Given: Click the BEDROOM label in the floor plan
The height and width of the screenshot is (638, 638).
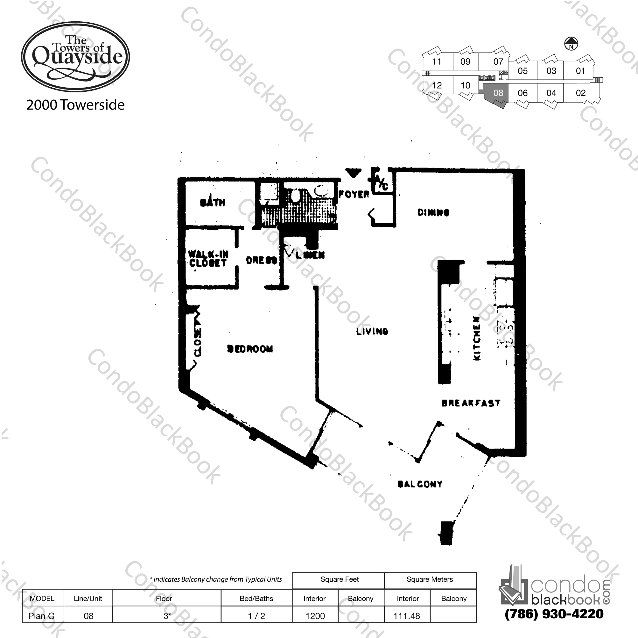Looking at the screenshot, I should (x=250, y=349).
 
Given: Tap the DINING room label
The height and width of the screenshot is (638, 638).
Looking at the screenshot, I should (x=433, y=212).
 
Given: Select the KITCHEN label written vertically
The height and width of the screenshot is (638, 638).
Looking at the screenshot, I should (x=477, y=338).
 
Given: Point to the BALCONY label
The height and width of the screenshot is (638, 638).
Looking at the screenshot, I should (x=420, y=484).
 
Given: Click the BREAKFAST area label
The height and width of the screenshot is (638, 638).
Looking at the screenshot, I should (x=471, y=403).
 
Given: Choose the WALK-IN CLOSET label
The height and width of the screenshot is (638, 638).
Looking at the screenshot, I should (x=208, y=259).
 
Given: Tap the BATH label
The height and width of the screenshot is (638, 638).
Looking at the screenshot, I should (x=212, y=202).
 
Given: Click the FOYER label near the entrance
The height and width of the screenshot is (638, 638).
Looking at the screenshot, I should (x=354, y=194).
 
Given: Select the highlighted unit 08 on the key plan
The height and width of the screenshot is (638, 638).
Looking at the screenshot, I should (x=498, y=93).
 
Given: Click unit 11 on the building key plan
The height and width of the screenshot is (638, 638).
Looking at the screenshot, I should (x=437, y=62).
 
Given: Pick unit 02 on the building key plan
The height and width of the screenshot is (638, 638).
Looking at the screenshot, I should (x=580, y=93).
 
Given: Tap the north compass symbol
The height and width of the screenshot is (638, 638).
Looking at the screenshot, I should (x=571, y=44).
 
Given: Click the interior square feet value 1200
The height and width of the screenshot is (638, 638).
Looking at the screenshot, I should (x=315, y=616).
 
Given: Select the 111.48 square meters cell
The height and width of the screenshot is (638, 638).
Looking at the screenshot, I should (x=407, y=616).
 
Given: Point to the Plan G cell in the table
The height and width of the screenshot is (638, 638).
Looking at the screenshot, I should (x=42, y=616).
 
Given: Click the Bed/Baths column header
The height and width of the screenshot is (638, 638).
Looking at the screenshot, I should (x=256, y=598).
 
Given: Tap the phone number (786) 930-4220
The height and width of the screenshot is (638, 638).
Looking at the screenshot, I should (x=554, y=614).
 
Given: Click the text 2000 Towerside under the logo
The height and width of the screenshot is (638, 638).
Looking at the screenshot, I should (x=75, y=105).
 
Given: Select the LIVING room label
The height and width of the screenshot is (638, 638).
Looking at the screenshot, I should (x=372, y=331).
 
